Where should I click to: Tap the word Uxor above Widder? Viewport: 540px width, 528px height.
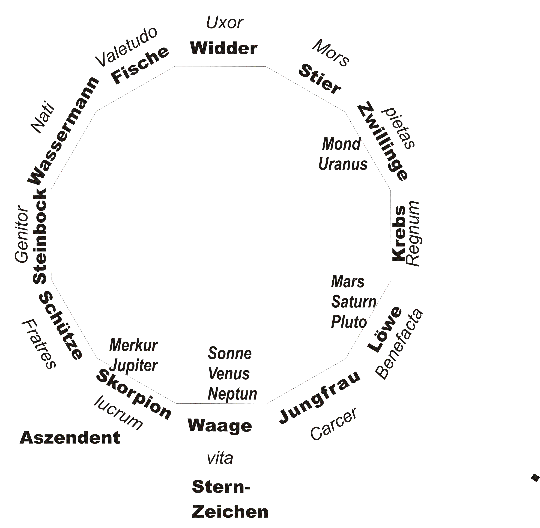pyautogui.click(x=225, y=22)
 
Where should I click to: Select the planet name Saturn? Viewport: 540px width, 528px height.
pyautogui.click(x=354, y=302)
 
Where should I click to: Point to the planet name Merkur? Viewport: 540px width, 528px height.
pyautogui.click(x=134, y=345)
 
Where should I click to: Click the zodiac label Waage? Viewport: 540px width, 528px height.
pyautogui.click(x=220, y=425)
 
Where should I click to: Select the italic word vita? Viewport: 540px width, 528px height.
pyautogui.click(x=220, y=458)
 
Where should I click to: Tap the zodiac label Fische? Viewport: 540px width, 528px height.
pyautogui.click(x=140, y=65)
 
